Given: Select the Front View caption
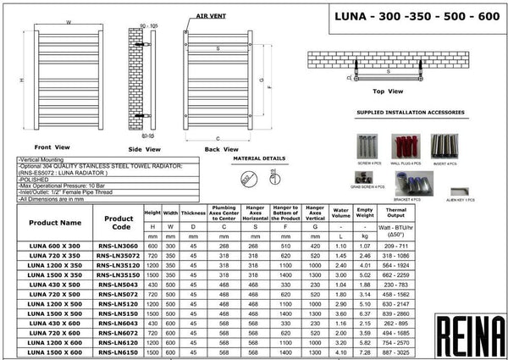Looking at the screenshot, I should (52, 147).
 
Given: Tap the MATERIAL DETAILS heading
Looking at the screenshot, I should (259, 158).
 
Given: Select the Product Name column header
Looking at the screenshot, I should (55, 223).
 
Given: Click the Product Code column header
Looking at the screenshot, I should (119, 223).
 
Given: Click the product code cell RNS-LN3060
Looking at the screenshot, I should (119, 244).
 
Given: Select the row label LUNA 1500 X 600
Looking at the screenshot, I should (55, 350).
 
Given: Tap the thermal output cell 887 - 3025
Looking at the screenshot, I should (396, 350).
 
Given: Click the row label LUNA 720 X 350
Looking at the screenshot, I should (55, 254).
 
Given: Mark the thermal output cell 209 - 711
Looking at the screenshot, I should (396, 244).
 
